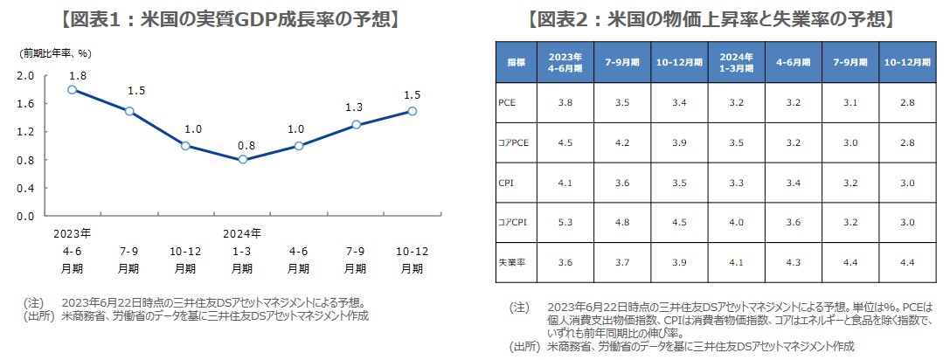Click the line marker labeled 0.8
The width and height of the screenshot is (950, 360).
tap(242, 160)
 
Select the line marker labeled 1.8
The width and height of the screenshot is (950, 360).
tap(73, 89)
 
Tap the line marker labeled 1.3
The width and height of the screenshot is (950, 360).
tap(356, 125)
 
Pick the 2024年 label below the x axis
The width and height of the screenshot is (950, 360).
tap(242, 233)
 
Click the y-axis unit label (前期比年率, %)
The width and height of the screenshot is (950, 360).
tap(56, 54)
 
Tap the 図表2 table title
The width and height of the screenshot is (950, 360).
tap(712, 18)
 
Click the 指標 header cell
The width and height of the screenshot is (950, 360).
tap(517, 63)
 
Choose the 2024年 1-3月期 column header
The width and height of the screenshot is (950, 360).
tap(736, 63)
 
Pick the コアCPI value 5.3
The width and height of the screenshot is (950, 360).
tap(565, 222)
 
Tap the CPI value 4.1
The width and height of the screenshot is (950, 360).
tap(565, 182)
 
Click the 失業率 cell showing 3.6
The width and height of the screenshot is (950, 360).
tap(565, 261)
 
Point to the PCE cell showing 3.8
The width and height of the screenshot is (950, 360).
tap(565, 102)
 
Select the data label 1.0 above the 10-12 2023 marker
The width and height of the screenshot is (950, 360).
tap(193, 128)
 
